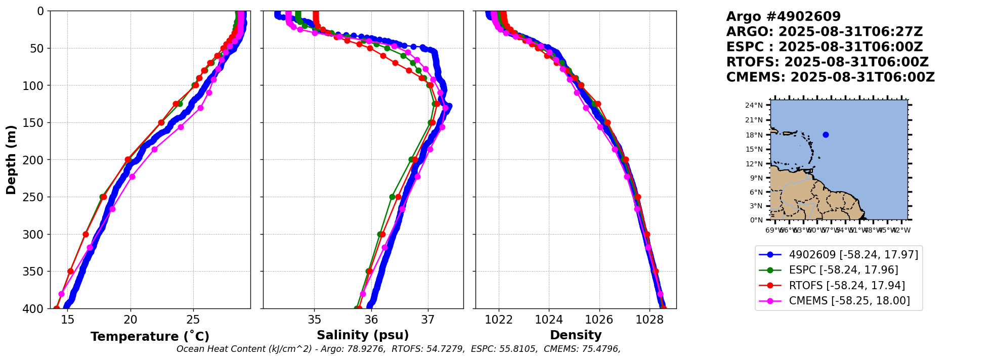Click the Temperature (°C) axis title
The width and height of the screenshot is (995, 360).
pyautogui.click(x=150, y=337)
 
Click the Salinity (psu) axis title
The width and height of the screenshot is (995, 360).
pyautogui.click(x=363, y=335)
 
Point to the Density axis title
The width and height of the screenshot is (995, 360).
pyautogui.click(x=576, y=335)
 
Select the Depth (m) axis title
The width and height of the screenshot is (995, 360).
pyautogui.click(x=11, y=160)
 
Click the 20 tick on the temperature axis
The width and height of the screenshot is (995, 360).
pyautogui.click(x=131, y=320)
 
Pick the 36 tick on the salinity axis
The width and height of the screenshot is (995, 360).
pyautogui.click(x=371, y=320)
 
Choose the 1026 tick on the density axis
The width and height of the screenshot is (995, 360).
pyautogui.click(x=599, y=320)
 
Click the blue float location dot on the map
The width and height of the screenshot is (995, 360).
pyautogui.click(x=826, y=134)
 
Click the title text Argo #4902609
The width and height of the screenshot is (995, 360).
pyautogui.click(x=783, y=17)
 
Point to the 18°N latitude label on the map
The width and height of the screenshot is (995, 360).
pyautogui.click(x=754, y=135)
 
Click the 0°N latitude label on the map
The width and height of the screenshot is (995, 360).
pyautogui.click(x=756, y=220)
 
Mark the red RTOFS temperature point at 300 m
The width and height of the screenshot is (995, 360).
pyautogui.click(x=85, y=234)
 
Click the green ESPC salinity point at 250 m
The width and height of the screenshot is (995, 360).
pyautogui.click(x=392, y=197)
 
